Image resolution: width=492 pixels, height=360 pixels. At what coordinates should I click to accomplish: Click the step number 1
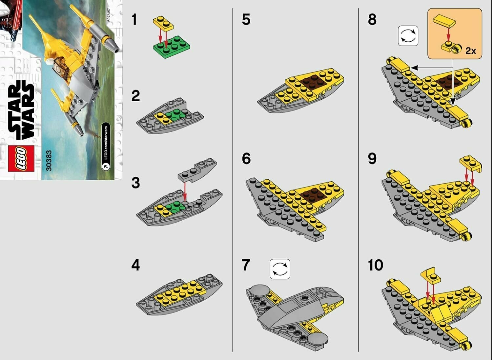134,19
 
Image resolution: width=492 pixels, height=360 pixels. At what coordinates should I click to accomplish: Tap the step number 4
135,265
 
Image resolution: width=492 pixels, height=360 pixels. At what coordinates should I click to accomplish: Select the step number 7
246,265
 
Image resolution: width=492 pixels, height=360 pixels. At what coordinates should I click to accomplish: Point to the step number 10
375,265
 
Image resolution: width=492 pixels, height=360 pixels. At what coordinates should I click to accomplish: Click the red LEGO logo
21,158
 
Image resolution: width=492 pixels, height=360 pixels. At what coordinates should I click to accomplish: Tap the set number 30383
49,160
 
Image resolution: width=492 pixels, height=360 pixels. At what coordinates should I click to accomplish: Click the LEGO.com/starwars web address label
106,146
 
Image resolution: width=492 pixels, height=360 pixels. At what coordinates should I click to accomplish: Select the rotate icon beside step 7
280,269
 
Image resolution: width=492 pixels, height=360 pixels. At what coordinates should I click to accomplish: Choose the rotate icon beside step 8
408,36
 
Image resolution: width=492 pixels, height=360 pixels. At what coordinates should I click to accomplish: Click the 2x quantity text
471,51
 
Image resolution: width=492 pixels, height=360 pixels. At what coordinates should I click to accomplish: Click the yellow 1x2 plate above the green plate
163,23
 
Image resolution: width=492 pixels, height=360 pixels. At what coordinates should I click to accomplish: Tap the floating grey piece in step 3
197,170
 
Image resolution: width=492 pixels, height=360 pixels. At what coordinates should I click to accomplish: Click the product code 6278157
109,15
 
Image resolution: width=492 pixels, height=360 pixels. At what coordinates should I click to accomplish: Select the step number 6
246,158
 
